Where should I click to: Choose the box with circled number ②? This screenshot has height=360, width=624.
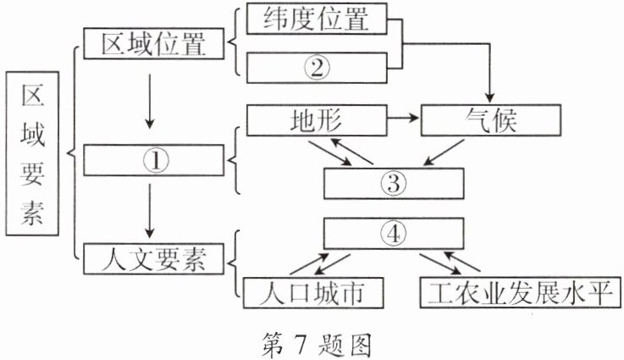click(x=317, y=68)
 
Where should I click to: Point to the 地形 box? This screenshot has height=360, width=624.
click(x=316, y=119)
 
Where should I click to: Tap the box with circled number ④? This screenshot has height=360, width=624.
click(x=394, y=232)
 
